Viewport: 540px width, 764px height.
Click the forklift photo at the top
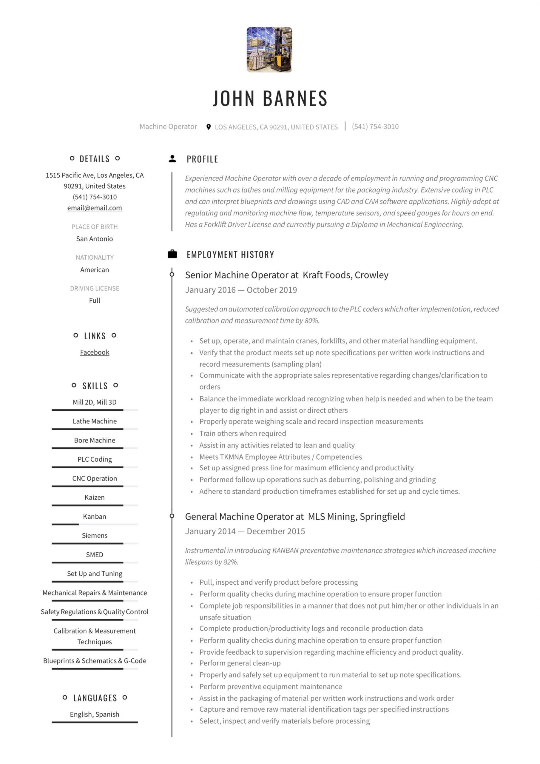point(269,50)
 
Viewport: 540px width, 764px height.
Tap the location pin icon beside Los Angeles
point(208,127)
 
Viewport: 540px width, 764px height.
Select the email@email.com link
point(95,208)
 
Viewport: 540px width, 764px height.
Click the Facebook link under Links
point(95,352)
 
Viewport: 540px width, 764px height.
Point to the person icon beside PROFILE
point(172,159)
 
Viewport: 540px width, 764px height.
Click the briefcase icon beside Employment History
point(172,254)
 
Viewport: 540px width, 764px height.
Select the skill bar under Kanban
point(95,524)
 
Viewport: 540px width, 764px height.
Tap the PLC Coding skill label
point(95,459)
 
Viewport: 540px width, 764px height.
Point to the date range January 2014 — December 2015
point(245,531)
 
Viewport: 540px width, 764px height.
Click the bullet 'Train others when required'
point(243,433)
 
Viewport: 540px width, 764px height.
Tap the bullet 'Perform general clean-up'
point(240,663)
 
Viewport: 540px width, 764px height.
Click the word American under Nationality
point(95,269)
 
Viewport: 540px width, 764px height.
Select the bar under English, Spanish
point(95,722)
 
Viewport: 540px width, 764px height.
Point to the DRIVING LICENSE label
point(95,288)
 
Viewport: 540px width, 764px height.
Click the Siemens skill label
point(95,535)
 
